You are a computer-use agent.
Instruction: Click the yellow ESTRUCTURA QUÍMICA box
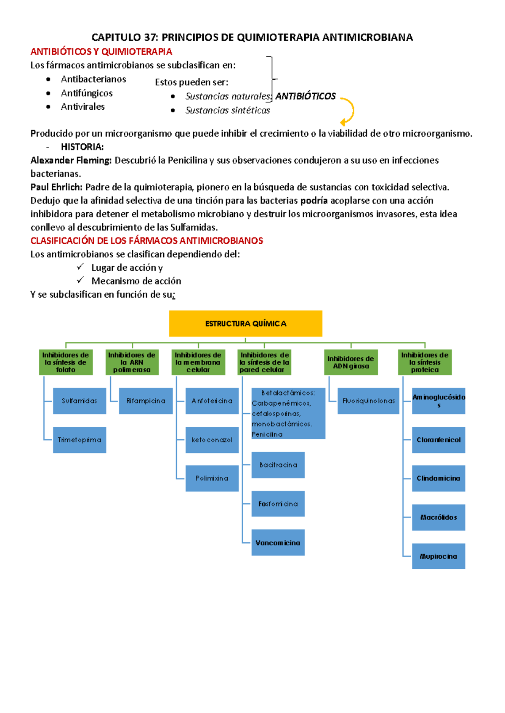[x=245, y=323]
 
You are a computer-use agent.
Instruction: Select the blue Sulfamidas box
[x=80, y=401]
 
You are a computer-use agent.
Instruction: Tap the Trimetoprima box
[x=80, y=440]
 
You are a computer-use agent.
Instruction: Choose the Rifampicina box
[x=146, y=401]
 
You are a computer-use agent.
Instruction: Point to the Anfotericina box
[x=212, y=401]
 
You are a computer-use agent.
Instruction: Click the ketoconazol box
[x=212, y=440]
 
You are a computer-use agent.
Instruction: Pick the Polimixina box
[x=212, y=478]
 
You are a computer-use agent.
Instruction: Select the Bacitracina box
[x=278, y=465]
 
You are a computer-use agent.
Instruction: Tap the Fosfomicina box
[x=278, y=504]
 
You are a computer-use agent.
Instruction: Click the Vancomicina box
[x=278, y=543]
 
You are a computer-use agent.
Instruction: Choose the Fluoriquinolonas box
[x=368, y=401]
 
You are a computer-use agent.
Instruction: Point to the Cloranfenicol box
[x=439, y=440]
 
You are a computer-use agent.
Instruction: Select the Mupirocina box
[x=439, y=556]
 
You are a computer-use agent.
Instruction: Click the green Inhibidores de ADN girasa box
[x=351, y=362]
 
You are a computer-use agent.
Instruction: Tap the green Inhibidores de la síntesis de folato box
[x=66, y=362]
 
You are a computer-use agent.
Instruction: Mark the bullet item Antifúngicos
[x=87, y=93]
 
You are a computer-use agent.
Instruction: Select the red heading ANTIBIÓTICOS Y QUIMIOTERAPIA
[x=101, y=52]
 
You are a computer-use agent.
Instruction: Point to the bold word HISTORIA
[x=82, y=147]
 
